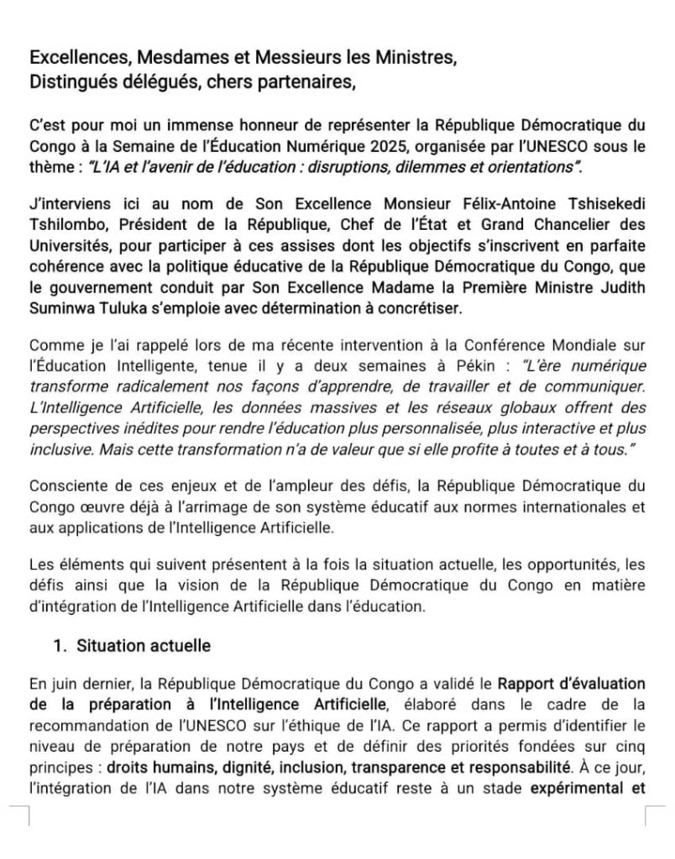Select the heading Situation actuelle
144,646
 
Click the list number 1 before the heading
58,646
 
